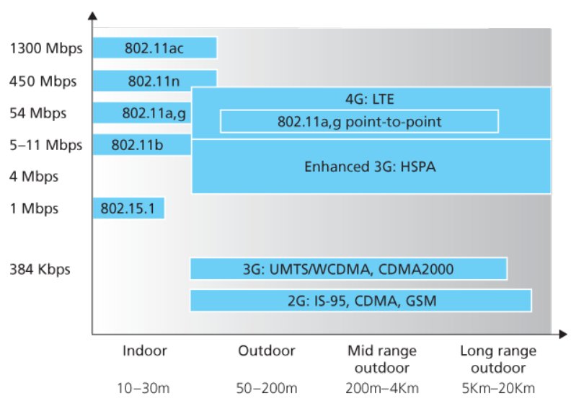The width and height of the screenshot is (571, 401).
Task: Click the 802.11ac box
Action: pyautogui.click(x=155, y=48)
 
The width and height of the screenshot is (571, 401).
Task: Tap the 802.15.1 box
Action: pyautogui.click(x=128, y=208)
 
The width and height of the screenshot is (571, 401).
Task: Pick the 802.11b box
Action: pyautogui.click(x=142, y=144)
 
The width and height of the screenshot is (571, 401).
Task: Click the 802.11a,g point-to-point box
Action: pyautogui.click(x=360, y=121)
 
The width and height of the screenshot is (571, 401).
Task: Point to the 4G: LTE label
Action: pyautogui.click(x=370, y=99)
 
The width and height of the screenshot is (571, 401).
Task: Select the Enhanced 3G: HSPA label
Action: pyautogui.click(x=370, y=167)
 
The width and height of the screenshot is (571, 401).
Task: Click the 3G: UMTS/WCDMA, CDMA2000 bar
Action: pyautogui.click(x=348, y=269)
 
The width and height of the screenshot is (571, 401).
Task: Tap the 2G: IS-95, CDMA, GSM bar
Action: pyautogui.click(x=361, y=301)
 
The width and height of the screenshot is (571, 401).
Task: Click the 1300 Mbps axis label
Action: pyautogui.click(x=46, y=48)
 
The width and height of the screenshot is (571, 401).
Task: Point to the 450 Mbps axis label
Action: pyautogui.click(x=43, y=81)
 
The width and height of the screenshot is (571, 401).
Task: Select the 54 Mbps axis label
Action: pyautogui.click(x=38, y=113)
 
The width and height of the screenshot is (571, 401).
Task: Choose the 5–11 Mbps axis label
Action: pyautogui.click(x=46, y=145)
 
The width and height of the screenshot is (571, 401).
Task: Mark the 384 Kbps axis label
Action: pyautogui.click(x=40, y=269)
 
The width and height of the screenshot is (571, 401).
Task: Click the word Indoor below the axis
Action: pyautogui.click(x=145, y=351)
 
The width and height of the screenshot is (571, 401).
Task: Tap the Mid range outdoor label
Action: pyautogui.click(x=382, y=359)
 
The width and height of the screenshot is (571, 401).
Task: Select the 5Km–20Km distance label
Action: pyautogui.click(x=498, y=388)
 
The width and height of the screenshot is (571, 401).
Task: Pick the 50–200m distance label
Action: pyautogui.click(x=267, y=388)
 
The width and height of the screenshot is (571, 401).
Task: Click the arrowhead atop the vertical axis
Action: pyautogui.click(x=92, y=16)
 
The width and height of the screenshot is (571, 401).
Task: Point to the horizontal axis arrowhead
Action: pyautogui.click(x=563, y=334)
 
